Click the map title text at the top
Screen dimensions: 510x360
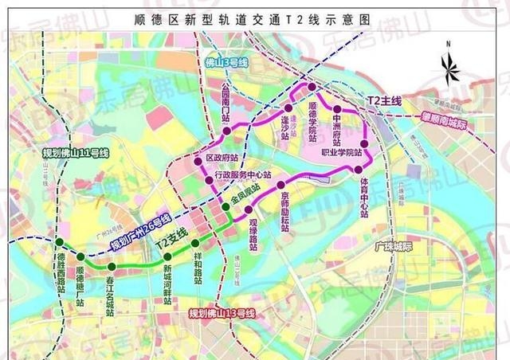coord(255,18)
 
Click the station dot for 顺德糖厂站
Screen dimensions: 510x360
coord(81,256)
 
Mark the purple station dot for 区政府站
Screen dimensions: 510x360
coord(198,162)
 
